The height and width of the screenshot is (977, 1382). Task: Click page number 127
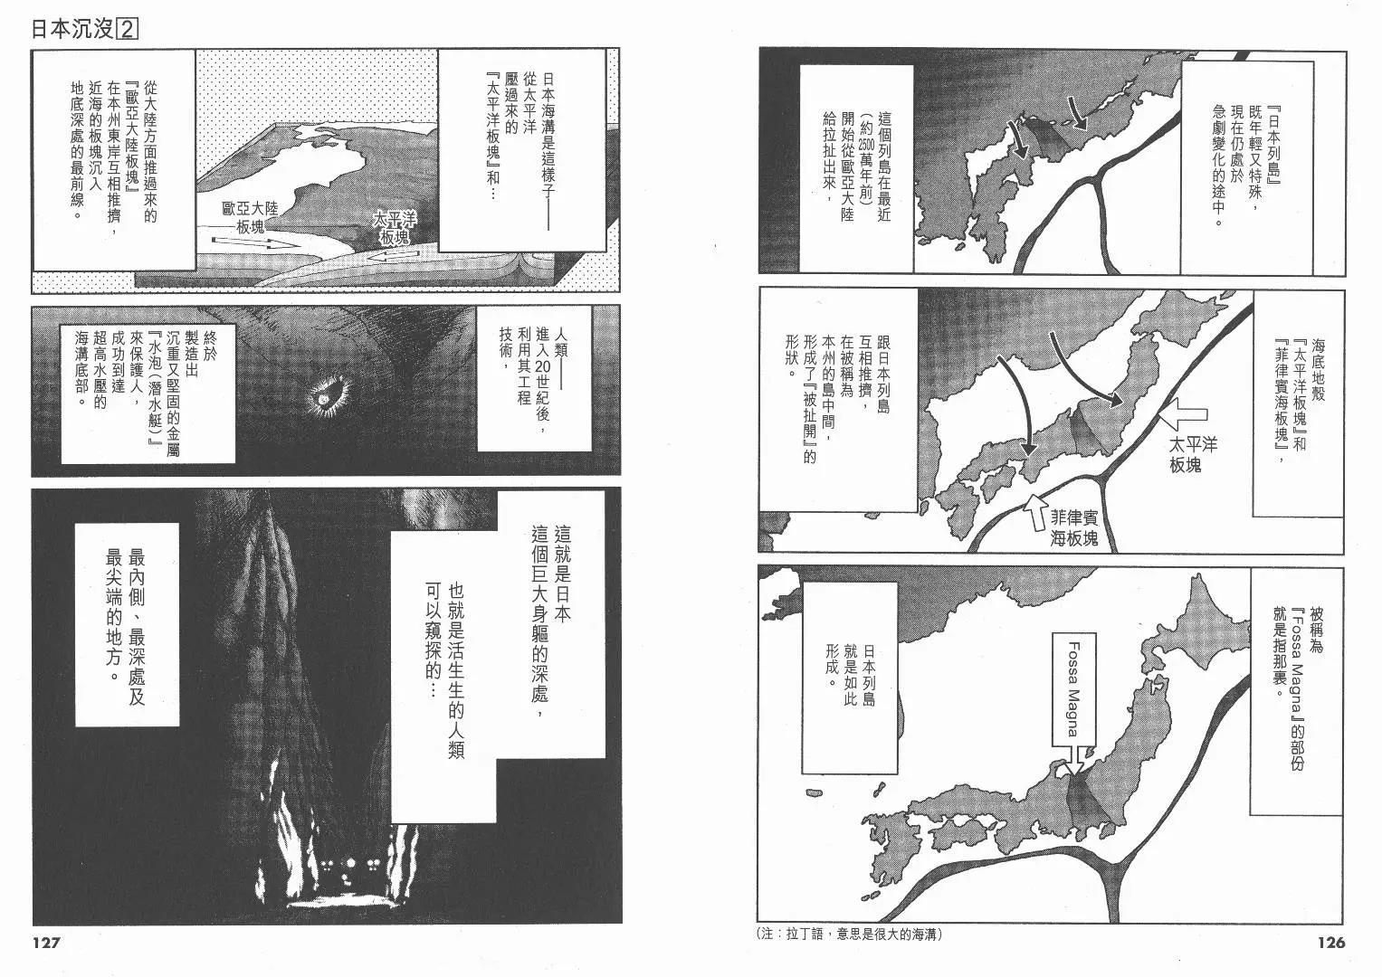[x=45, y=943]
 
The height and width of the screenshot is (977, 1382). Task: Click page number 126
[x=1331, y=943]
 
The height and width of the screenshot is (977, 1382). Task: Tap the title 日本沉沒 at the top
[x=72, y=29]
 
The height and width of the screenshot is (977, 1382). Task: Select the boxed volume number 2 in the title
[x=127, y=29]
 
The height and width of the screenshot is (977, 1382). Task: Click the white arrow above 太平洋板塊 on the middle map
[x=1182, y=414]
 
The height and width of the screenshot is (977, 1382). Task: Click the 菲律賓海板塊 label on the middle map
[x=1074, y=528]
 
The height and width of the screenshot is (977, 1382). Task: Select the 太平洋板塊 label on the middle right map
[x=1193, y=454]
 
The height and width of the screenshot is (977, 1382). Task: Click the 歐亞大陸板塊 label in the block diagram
[x=250, y=217]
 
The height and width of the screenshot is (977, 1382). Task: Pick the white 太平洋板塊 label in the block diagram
[x=393, y=228]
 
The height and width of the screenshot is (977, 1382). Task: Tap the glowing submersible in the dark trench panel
[x=325, y=398]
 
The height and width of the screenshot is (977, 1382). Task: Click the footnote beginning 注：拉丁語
[x=850, y=934]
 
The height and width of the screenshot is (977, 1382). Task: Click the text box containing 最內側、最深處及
[x=127, y=624]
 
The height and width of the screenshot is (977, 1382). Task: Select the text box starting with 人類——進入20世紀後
[x=534, y=377]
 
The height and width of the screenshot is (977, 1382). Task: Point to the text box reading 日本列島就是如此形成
[x=850, y=678]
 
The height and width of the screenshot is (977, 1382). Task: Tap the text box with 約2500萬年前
[x=856, y=168]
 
